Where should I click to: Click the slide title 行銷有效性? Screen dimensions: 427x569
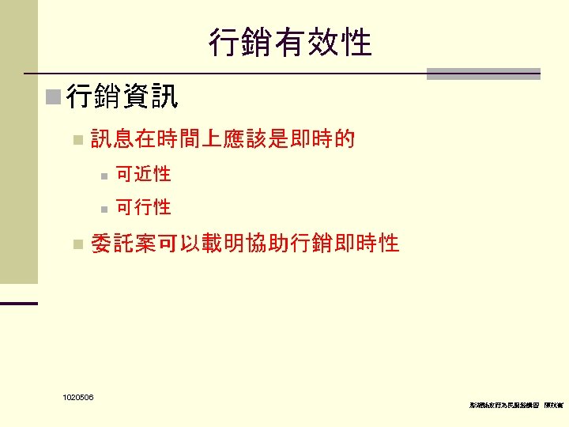pos(290,42)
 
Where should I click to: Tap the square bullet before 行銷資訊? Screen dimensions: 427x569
pos(54,97)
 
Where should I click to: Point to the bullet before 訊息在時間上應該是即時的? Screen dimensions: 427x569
pos(77,141)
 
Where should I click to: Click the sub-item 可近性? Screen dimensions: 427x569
pos(143,174)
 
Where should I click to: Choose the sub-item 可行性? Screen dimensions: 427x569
pos(143,207)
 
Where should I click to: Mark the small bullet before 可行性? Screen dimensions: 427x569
pos(102,208)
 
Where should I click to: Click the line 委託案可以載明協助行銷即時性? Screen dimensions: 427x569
pos(245,243)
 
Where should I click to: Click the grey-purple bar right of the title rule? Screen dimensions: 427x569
pos(483,74)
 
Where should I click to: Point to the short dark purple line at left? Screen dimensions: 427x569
pos(19,303)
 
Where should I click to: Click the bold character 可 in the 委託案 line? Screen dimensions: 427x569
pos(167,243)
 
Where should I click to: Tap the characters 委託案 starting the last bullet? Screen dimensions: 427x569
pos(123,243)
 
